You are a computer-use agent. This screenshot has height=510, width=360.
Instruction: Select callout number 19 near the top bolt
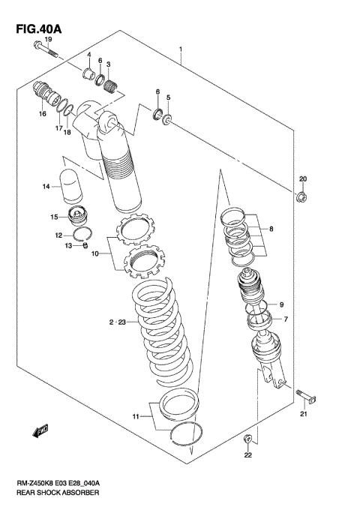tap(46, 39)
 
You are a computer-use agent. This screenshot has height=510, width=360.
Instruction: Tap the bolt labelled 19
tap(46, 51)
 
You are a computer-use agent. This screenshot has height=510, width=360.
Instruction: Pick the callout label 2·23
tap(115, 322)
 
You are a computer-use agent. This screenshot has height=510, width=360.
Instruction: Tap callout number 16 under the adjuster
tap(43, 114)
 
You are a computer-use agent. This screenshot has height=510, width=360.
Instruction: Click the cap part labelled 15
tap(78, 218)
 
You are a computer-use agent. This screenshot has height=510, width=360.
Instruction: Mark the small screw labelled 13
tap(86, 244)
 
